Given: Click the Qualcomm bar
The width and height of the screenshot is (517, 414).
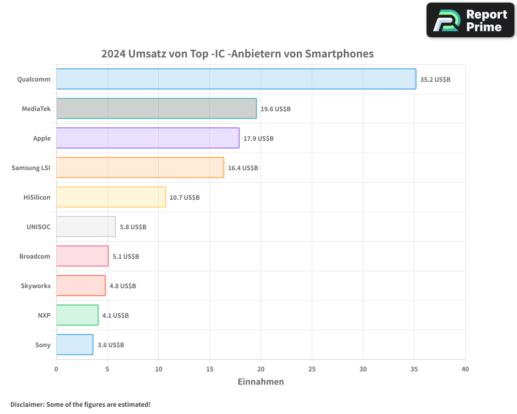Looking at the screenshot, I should click(236, 79).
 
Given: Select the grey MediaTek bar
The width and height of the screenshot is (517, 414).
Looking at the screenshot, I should click(156, 109).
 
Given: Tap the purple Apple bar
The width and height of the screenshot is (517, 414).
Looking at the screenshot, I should click(147, 138).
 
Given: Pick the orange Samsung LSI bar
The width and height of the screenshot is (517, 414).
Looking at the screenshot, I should click(140, 168).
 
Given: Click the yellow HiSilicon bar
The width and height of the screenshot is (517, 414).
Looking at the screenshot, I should click(111, 197).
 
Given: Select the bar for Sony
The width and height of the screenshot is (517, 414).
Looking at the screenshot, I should click(74, 345).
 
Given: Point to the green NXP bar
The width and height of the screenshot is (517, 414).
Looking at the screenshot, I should click(77, 315).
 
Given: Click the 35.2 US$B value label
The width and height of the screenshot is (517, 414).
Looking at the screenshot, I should click(435, 80).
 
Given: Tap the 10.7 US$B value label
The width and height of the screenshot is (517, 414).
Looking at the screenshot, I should click(185, 198).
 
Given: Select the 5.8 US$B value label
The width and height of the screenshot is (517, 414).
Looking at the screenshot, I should click(133, 227).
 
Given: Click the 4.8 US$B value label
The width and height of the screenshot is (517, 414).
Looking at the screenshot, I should click(123, 286).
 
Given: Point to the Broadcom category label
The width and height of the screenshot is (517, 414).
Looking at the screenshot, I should click(35, 257).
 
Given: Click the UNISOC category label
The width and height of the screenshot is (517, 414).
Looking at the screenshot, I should click(38, 227).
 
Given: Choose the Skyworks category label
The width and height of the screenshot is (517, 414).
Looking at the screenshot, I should click(36, 286).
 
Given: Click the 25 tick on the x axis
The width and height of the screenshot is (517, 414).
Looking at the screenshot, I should click(312, 369).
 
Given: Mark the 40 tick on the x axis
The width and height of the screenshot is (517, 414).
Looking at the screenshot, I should click(465, 369).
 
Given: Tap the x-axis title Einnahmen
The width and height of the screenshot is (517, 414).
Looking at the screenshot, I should click(261, 382).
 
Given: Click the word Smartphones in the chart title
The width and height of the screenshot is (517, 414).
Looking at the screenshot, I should click(339, 54).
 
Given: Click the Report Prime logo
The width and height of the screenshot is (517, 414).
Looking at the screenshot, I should click(470, 20).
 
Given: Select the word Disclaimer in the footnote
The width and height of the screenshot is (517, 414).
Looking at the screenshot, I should click(26, 405).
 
